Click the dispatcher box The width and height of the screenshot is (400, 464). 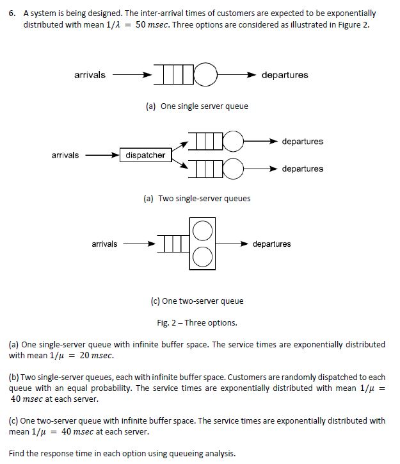coord(145,155)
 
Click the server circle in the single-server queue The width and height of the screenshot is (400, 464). coord(205,75)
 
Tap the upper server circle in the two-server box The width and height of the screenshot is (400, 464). coord(203,231)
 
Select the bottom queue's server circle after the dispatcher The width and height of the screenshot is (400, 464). coord(233,169)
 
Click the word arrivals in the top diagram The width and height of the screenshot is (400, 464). coord(90,75)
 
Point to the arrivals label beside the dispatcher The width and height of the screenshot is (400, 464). coord(66,155)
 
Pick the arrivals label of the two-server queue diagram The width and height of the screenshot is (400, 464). coord(104,244)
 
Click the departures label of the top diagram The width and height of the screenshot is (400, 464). coord(285,75)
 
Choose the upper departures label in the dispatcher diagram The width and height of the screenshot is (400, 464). coord(303,142)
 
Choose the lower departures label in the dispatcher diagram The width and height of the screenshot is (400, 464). coord(303,169)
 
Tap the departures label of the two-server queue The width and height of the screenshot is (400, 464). coord(271,244)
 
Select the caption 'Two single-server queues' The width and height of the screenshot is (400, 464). coord(196,199)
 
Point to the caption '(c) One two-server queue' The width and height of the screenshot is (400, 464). coord(194,301)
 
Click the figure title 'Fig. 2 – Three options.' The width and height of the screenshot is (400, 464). coord(196,322)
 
